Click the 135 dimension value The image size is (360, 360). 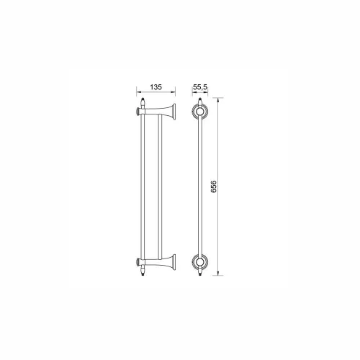[x=156, y=87]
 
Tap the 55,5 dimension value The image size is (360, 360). [x=200, y=87]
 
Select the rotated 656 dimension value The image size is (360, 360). [x=213, y=186]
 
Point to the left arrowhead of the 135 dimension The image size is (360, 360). [x=138, y=92]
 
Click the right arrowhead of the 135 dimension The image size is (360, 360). [x=174, y=92]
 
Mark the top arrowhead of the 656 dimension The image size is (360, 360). [x=218, y=100]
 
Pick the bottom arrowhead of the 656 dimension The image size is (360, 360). [x=218, y=273]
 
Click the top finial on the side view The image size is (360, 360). [x=143, y=103]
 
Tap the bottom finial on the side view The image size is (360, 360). [x=143, y=271]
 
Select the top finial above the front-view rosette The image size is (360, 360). [x=199, y=102]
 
